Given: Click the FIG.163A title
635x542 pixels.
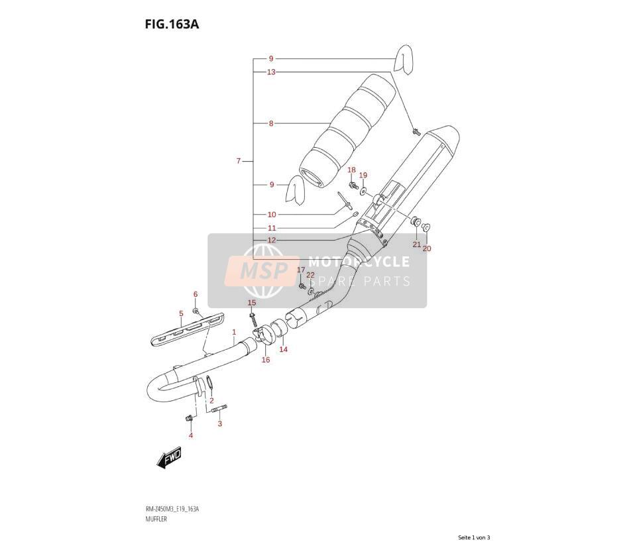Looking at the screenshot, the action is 172,25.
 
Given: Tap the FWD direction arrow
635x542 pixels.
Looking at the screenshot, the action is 169,459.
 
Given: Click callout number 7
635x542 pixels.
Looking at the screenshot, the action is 239,161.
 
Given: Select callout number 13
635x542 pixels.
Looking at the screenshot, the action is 271,72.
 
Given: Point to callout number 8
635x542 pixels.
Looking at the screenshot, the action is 271,123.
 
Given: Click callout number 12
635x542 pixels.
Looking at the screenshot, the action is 271,240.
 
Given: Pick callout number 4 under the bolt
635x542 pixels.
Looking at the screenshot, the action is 191,435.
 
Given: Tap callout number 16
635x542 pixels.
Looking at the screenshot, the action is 266,360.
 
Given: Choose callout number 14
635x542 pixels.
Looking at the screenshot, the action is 284,349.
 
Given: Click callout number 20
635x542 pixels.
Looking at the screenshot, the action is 427,248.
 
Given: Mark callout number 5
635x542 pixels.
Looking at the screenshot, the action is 181,313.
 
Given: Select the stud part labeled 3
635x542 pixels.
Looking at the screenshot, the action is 219,408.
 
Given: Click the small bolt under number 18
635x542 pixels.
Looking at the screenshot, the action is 353,186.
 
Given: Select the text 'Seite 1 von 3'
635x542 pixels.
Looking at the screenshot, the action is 474,537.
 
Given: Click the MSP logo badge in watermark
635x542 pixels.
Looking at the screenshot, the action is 262,271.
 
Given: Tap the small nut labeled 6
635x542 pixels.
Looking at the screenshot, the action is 196,311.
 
